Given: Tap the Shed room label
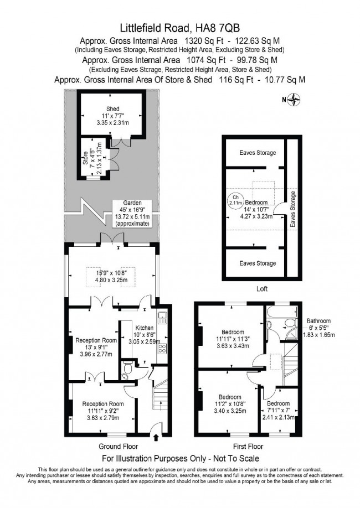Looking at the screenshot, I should tap(113, 108).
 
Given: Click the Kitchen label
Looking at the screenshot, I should tap(132, 327).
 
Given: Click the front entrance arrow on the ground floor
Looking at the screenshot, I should tap(155, 437).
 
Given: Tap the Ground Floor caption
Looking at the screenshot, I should tap(117, 446).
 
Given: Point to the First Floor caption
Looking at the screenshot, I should tap(248, 446).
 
